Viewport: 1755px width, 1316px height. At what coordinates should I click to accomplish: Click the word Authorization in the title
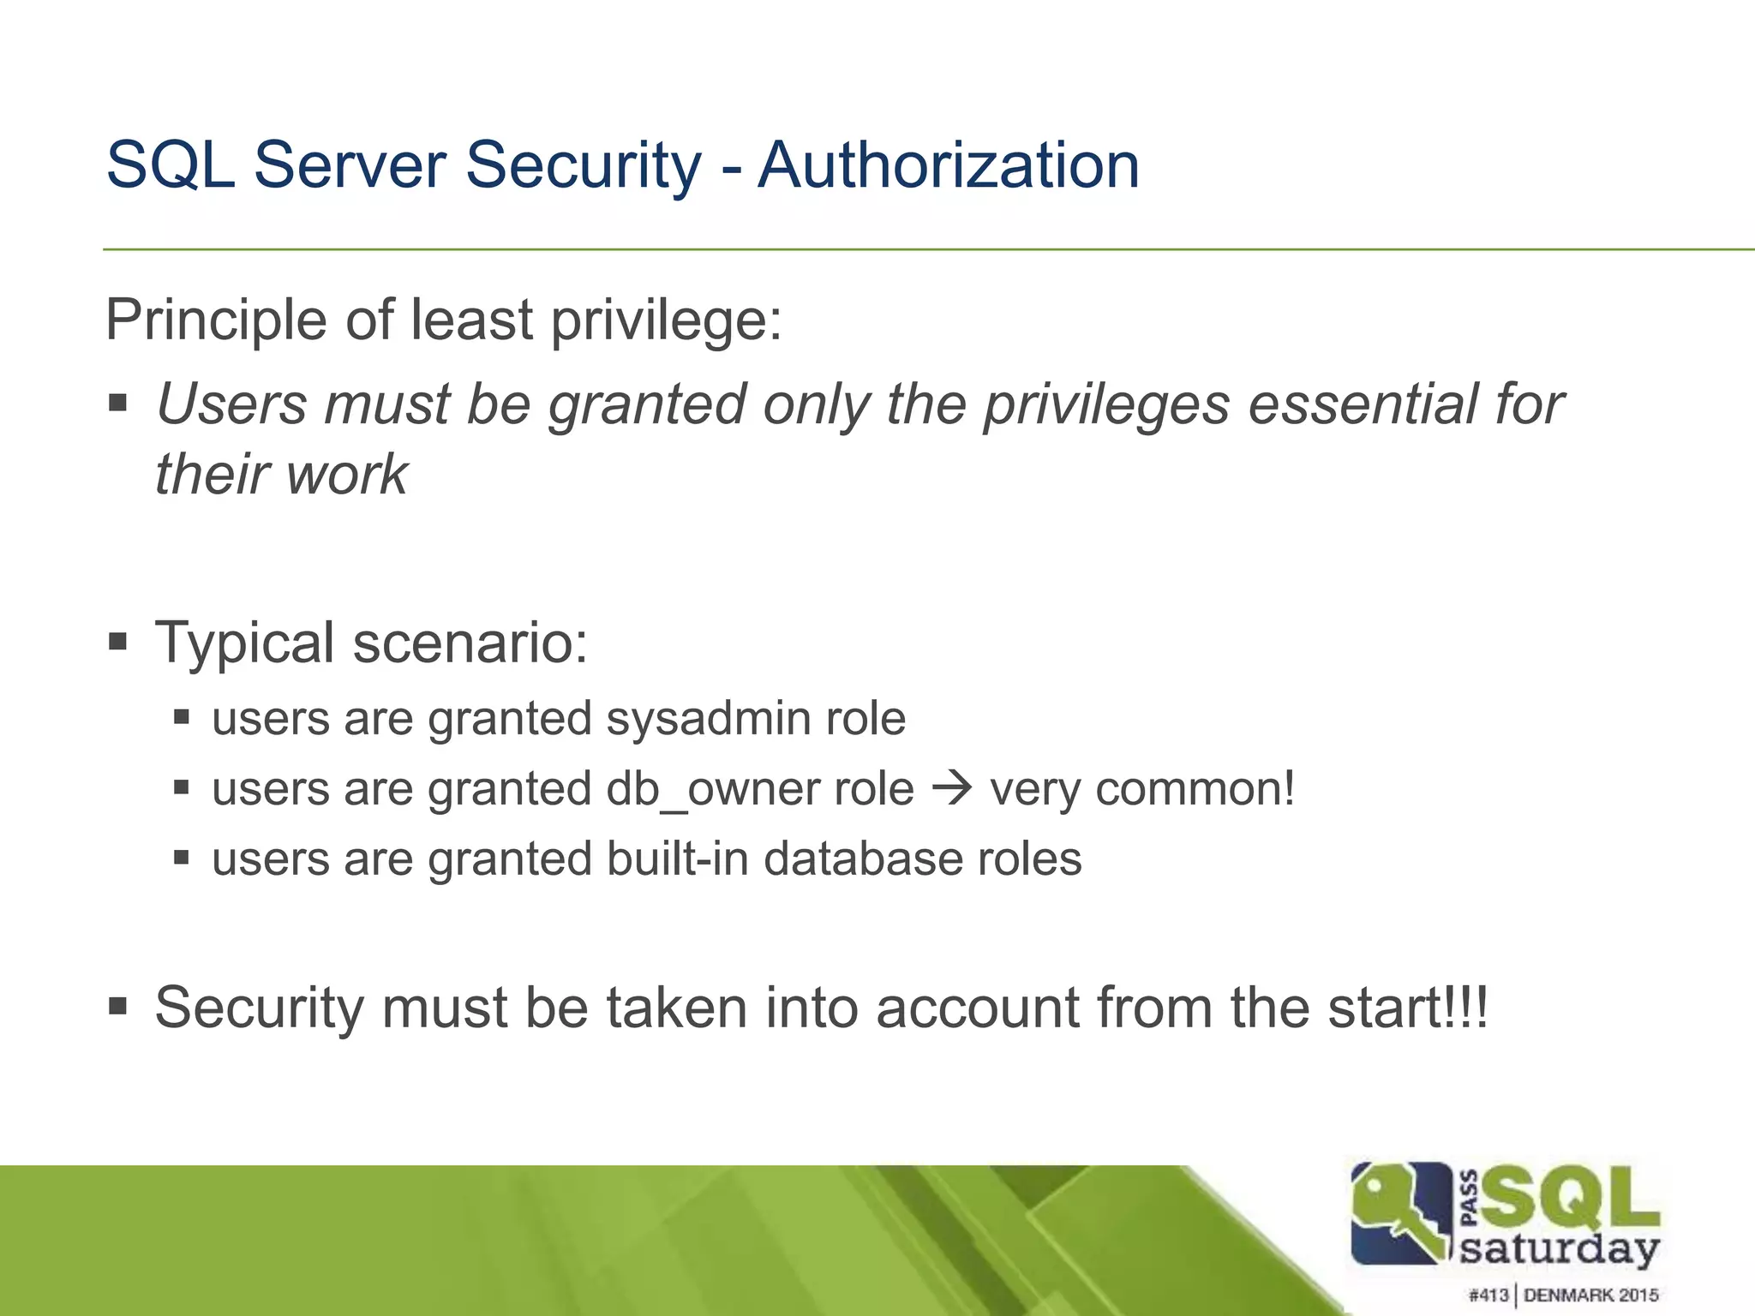pos(949,164)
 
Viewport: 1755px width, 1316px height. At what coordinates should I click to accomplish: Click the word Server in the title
pos(349,164)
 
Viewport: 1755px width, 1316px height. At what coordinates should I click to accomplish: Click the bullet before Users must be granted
pos(118,403)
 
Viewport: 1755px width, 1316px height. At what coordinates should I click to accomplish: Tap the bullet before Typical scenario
pos(118,640)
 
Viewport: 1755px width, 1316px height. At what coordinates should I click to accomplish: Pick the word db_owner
pos(760,789)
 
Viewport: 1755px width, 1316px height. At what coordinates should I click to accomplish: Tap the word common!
pos(1195,789)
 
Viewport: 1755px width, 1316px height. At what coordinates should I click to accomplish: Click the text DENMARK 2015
pos(1590,1295)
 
